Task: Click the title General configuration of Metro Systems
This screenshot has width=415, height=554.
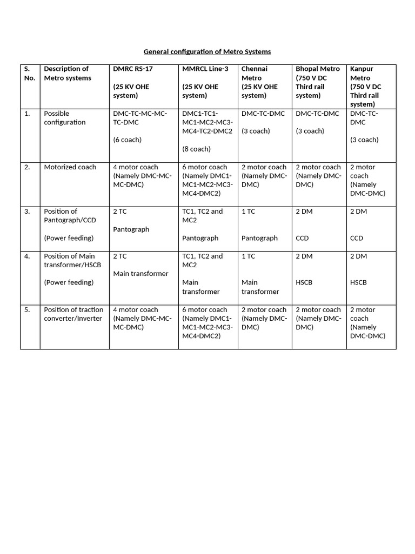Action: point(207,52)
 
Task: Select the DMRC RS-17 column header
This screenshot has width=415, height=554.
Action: point(132,69)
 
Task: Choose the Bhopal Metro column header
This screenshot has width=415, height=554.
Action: point(318,69)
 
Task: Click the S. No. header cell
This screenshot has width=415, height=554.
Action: point(29,73)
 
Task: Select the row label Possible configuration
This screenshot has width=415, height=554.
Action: point(65,117)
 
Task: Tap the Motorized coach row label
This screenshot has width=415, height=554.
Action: point(70,167)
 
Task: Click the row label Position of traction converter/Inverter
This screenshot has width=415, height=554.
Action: point(73,314)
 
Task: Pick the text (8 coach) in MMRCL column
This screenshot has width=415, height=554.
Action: point(196,149)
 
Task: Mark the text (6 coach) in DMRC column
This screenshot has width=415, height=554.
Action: point(127,140)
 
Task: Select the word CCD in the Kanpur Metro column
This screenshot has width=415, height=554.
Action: point(357,238)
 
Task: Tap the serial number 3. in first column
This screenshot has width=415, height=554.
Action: point(27,211)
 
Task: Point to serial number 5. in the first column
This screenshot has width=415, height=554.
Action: point(27,309)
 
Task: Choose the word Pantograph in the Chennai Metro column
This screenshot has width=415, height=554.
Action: point(259,238)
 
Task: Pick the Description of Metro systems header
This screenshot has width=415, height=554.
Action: point(67,73)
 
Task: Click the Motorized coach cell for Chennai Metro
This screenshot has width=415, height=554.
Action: point(264,175)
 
